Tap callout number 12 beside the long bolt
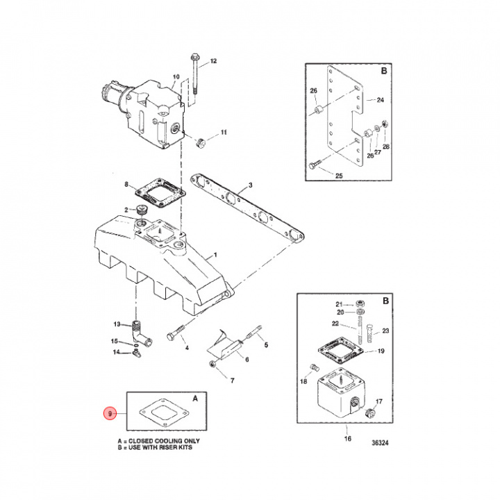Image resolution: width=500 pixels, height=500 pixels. (x=213, y=61)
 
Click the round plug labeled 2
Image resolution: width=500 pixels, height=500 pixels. (x=144, y=210)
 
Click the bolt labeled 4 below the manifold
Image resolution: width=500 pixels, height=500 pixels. (x=175, y=336)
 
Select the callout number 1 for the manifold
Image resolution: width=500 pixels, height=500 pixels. (x=215, y=256)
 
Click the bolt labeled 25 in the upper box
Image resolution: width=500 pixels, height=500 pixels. (x=313, y=165)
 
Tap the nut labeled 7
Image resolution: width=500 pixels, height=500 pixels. (x=212, y=364)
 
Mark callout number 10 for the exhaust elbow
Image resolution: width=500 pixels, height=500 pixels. (x=176, y=77)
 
